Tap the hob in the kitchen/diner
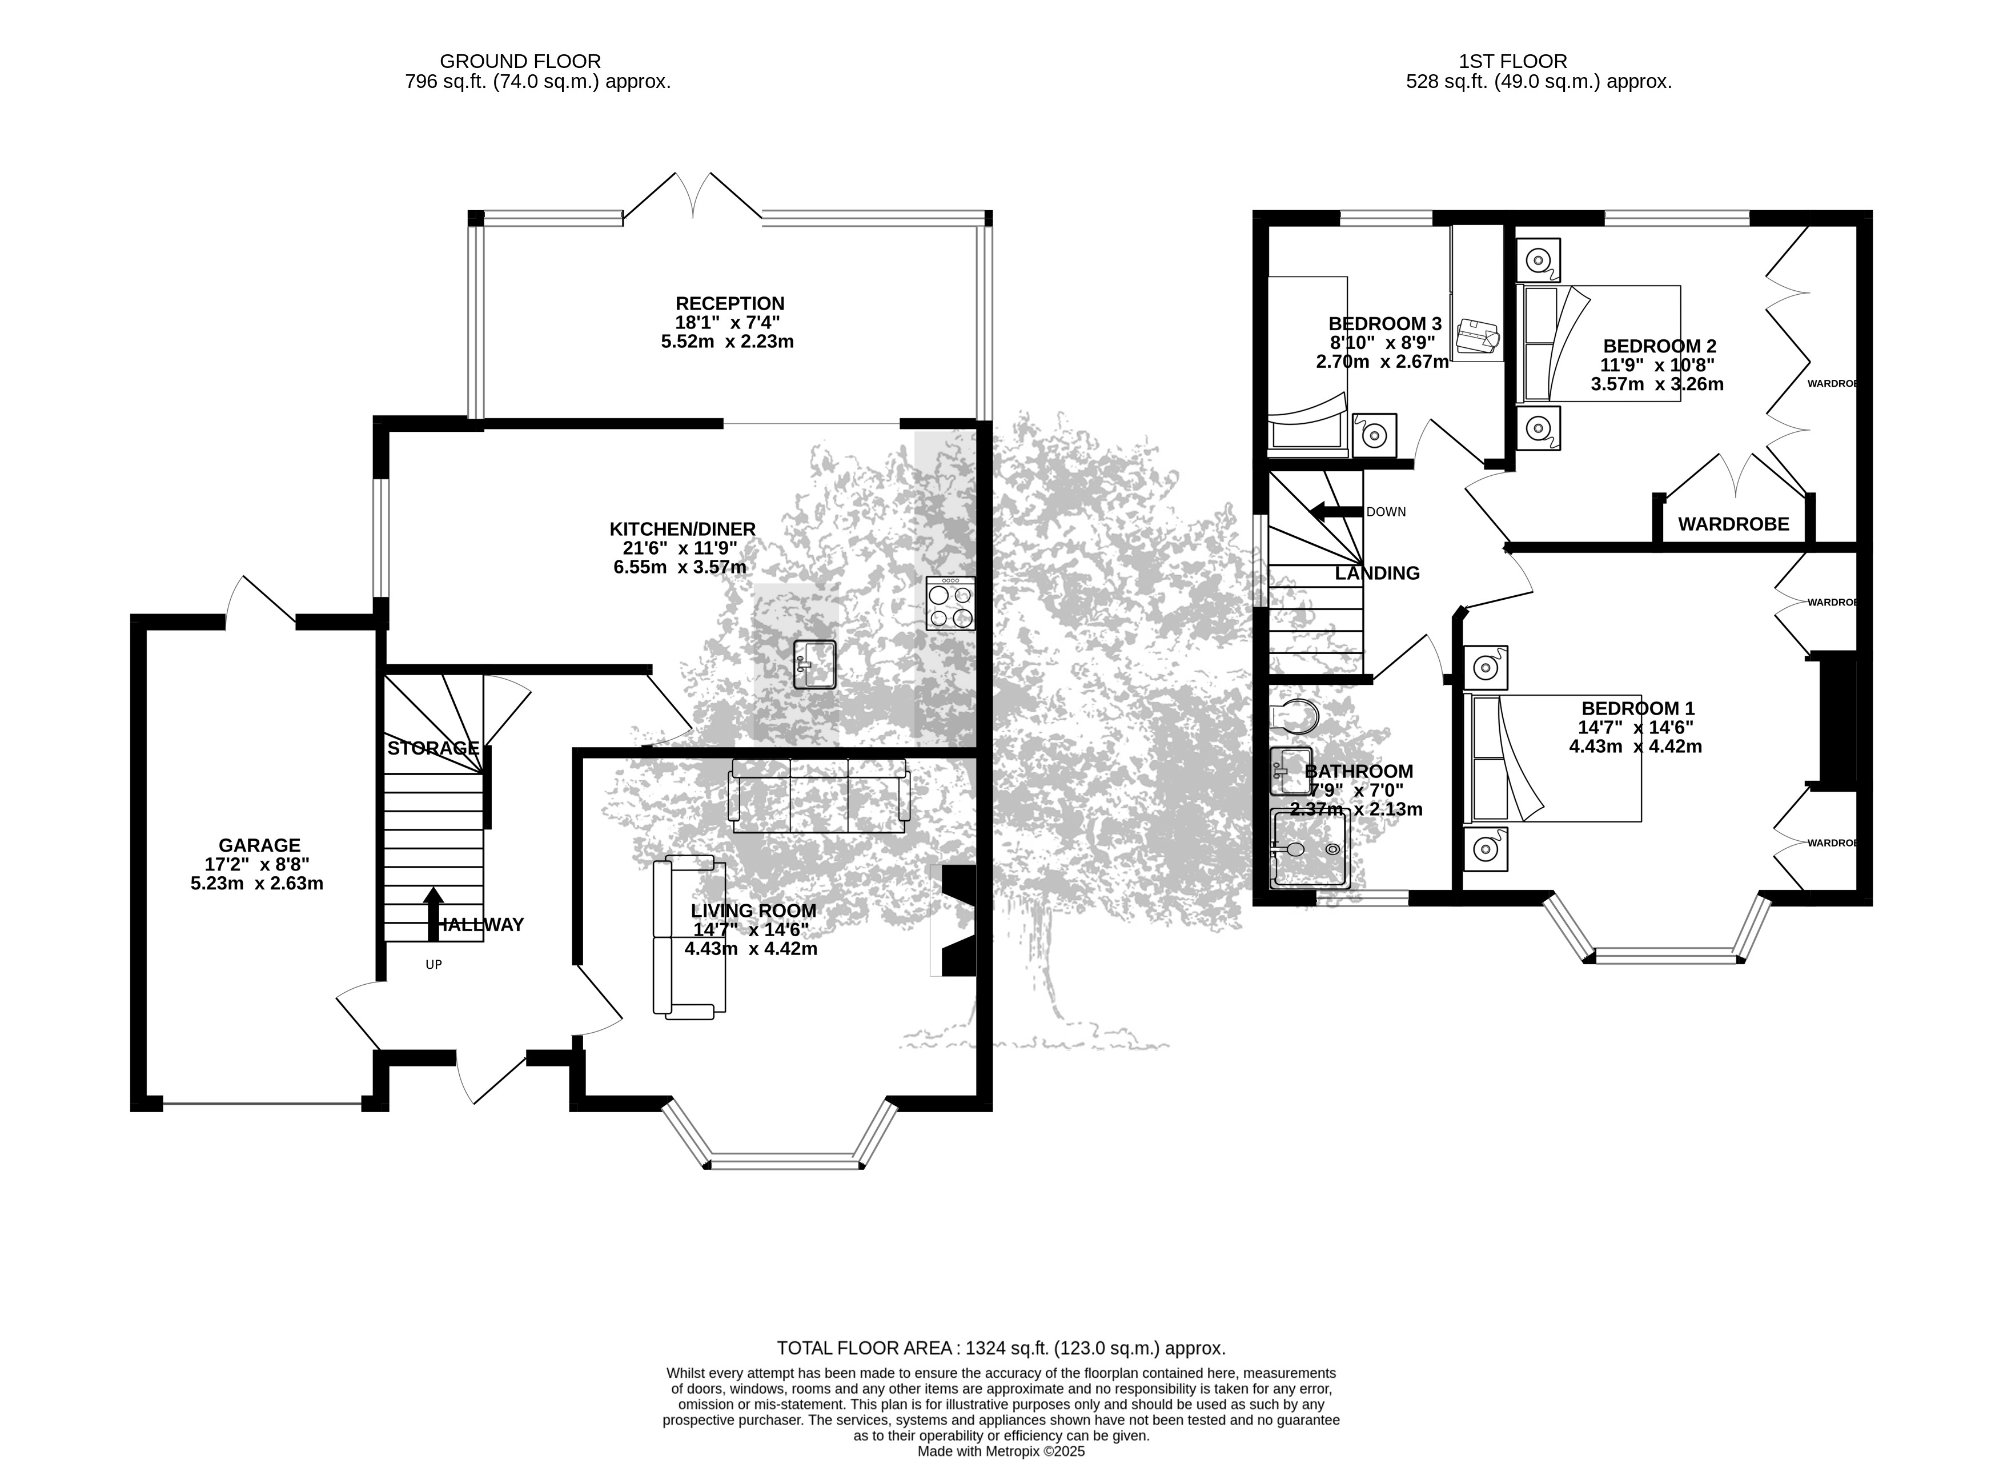coord(951,604)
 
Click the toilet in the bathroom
coord(1292,716)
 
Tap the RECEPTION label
coord(730,303)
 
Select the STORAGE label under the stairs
coord(433,748)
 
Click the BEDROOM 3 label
coord(1378,323)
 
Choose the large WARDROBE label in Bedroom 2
coord(1733,524)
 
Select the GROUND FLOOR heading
coord(520,61)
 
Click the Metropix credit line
coord(1001,1450)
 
